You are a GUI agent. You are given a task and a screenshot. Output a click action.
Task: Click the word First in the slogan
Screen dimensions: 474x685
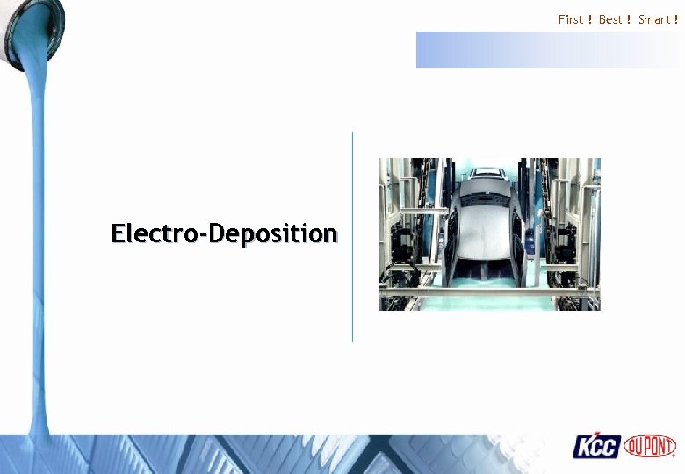(x=571, y=19)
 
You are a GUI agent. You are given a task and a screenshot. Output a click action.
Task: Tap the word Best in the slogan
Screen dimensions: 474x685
(x=610, y=19)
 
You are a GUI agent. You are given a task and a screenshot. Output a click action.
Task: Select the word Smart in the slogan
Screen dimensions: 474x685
(x=653, y=19)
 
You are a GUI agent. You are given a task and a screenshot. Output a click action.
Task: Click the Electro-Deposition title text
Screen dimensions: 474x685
(x=224, y=233)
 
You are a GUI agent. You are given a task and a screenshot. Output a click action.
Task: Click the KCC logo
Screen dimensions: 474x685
(x=597, y=447)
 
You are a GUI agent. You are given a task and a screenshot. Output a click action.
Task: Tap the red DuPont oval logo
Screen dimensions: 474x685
(x=650, y=446)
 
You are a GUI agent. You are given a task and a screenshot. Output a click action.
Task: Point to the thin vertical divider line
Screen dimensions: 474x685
(x=352, y=237)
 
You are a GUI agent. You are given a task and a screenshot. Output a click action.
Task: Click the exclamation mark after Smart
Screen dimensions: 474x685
(x=675, y=19)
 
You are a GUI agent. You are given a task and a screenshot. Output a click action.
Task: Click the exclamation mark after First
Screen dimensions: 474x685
(x=590, y=19)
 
